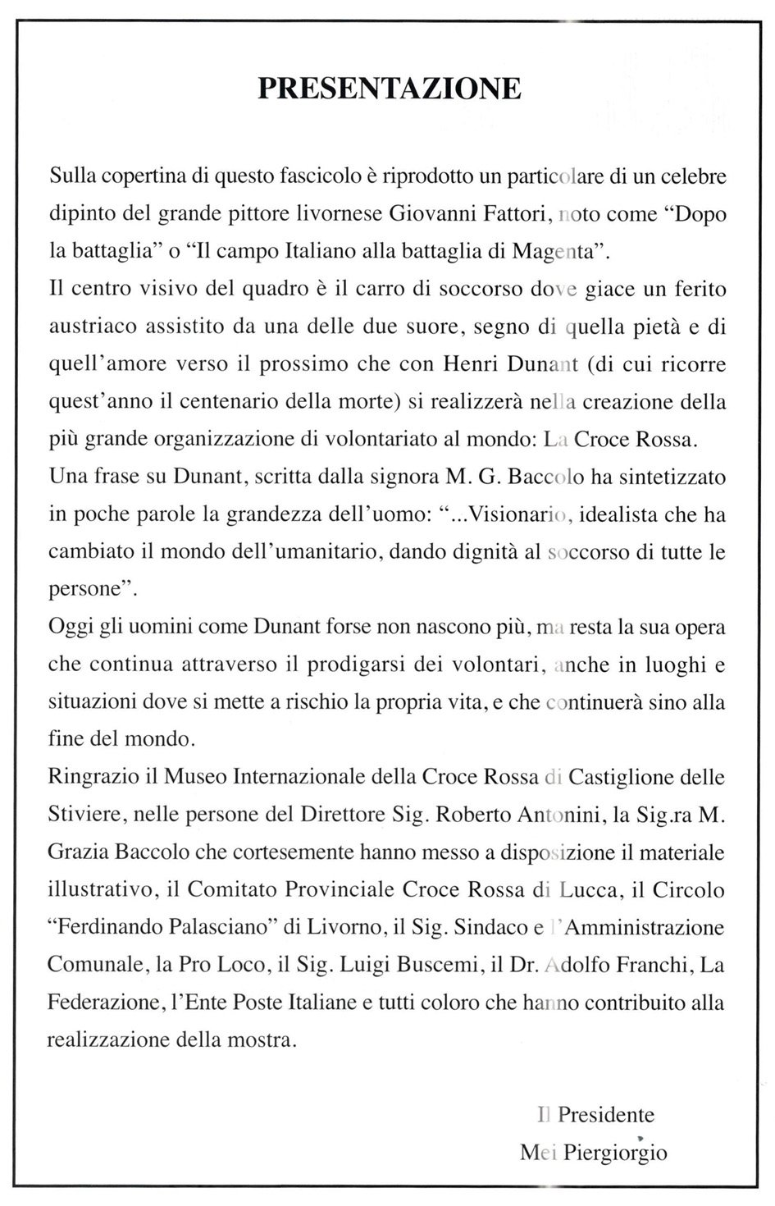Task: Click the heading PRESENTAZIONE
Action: pos(389,88)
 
